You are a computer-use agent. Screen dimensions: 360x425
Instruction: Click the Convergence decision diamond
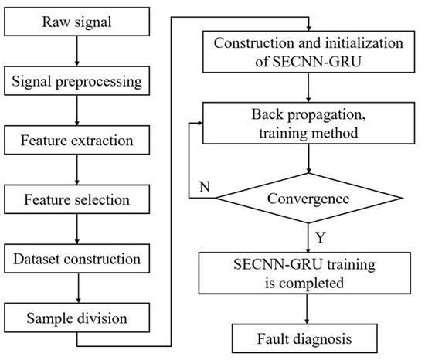coord(308,198)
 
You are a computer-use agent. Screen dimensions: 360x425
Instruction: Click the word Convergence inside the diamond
coord(309,198)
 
